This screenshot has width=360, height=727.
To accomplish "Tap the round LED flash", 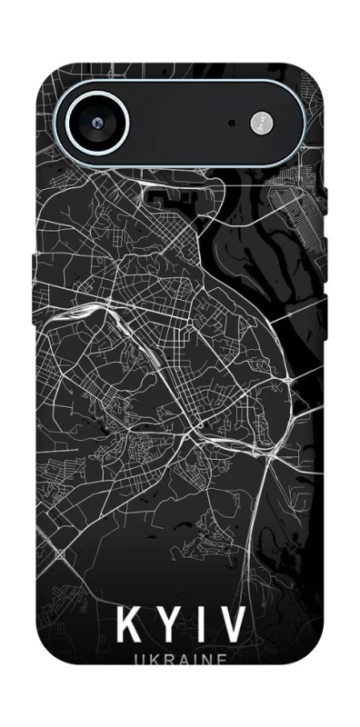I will click(262, 121).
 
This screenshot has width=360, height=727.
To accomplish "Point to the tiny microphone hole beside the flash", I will click(233, 122).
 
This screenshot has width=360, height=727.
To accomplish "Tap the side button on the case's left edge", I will click(35, 264).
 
